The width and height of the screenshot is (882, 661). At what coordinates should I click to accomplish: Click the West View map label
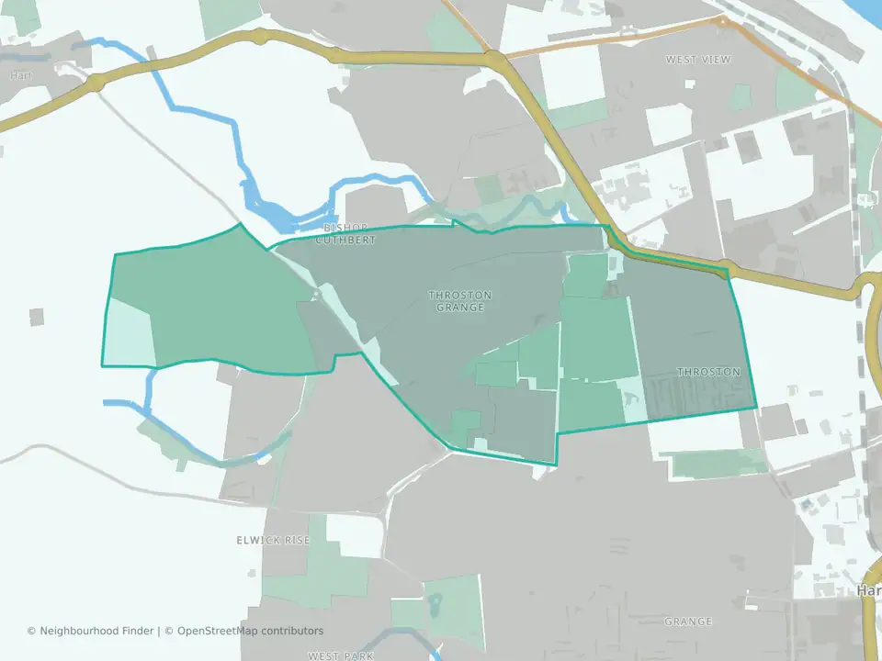coord(698,60)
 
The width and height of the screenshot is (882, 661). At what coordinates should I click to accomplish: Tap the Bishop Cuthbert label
coord(345,234)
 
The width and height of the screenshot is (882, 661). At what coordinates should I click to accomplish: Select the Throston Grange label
coord(460,301)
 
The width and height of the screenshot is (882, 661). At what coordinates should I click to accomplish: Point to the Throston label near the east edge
coord(708,372)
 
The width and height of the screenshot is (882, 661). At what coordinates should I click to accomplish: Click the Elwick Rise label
coord(273,541)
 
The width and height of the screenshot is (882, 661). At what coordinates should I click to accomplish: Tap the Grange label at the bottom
coord(688,622)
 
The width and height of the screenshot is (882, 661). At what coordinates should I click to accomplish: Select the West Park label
coord(341,655)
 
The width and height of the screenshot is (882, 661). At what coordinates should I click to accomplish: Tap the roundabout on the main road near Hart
coord(96,84)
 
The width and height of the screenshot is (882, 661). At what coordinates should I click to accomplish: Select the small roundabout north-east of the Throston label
coord(726,268)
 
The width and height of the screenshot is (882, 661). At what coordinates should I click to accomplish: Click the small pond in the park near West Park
coord(434,604)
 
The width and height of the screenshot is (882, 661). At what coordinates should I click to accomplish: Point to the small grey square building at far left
coord(37,317)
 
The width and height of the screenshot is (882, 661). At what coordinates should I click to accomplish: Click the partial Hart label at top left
coord(20,74)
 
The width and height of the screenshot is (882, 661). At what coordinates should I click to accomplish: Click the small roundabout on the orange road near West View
coord(723,20)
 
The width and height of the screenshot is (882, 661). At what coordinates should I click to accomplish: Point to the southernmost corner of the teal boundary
coord(555,464)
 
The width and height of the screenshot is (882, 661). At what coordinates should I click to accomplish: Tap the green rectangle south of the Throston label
coord(717,464)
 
